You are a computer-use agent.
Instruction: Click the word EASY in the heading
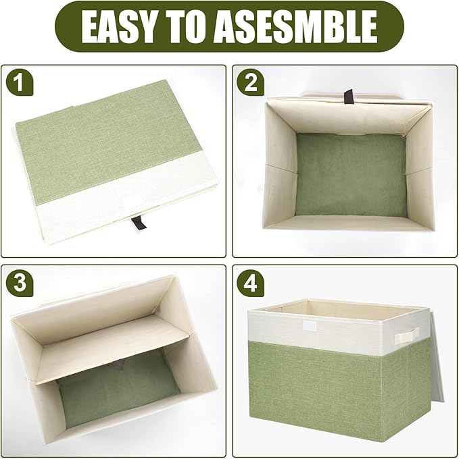click(x=116, y=26)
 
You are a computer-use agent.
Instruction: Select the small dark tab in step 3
click(x=119, y=365)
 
